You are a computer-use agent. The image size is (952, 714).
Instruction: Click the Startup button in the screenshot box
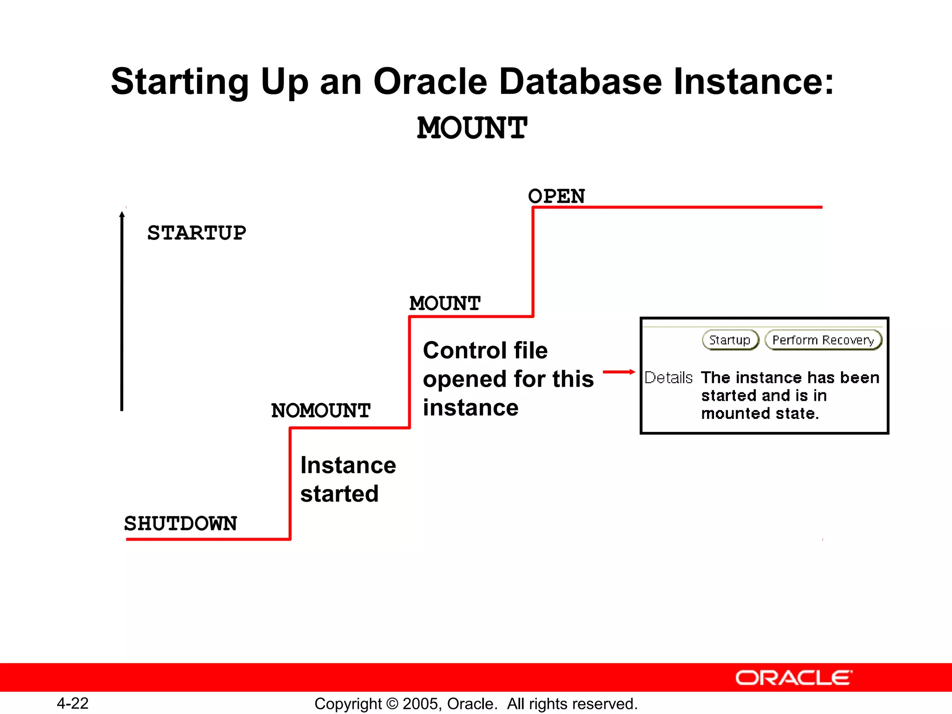tap(730, 340)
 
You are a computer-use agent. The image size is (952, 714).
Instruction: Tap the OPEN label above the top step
tap(556, 196)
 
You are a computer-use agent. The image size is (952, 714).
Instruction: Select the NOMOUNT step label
tap(321, 410)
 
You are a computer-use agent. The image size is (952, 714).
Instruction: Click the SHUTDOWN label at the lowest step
tap(180, 523)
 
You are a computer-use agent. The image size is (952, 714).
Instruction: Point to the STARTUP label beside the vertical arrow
tap(197, 233)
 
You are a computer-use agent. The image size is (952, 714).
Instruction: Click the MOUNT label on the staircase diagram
tap(445, 304)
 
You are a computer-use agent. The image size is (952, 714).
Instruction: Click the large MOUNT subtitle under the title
tap(472, 128)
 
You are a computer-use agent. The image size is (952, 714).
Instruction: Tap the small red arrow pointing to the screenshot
tap(619, 372)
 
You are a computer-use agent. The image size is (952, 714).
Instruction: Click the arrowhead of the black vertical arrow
tap(122, 214)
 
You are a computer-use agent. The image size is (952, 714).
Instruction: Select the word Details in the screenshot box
tap(668, 377)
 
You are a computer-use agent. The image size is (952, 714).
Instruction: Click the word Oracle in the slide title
tap(430, 81)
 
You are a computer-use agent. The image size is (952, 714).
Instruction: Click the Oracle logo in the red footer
tap(793, 678)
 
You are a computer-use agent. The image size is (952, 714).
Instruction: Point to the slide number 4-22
tap(73, 703)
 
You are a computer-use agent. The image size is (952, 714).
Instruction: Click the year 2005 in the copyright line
tap(421, 704)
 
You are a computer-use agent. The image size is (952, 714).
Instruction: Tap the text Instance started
tap(348, 479)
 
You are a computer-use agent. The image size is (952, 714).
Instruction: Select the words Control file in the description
tap(485, 350)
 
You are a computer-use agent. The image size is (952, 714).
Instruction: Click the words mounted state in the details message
tap(760, 413)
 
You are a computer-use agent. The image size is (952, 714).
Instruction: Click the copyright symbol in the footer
tap(392, 704)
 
